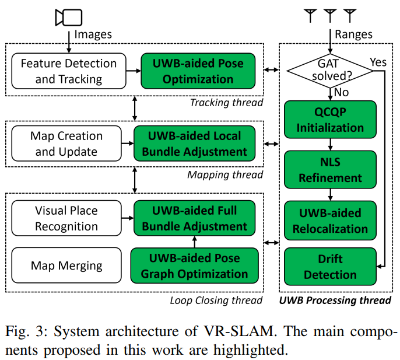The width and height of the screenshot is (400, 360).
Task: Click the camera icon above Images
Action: (x=68, y=17)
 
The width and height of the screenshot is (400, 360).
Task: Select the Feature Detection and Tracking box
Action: (x=68, y=71)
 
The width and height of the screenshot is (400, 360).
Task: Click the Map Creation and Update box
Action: (x=66, y=144)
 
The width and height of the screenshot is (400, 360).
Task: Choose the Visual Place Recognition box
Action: (x=66, y=218)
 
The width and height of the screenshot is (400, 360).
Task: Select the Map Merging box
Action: (x=66, y=266)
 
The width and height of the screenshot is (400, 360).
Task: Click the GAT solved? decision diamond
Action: (x=331, y=71)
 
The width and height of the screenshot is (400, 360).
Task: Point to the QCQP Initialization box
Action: (x=330, y=120)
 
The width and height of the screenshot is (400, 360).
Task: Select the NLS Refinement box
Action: (x=330, y=170)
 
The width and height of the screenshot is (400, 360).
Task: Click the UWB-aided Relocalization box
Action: (x=330, y=221)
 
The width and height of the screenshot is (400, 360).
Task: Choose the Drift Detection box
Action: (x=330, y=267)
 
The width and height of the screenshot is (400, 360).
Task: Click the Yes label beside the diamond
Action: (x=378, y=62)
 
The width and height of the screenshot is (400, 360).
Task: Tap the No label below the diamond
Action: (x=342, y=92)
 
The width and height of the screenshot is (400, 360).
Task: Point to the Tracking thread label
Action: (x=226, y=103)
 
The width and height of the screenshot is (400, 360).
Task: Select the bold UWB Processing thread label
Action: (x=334, y=300)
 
